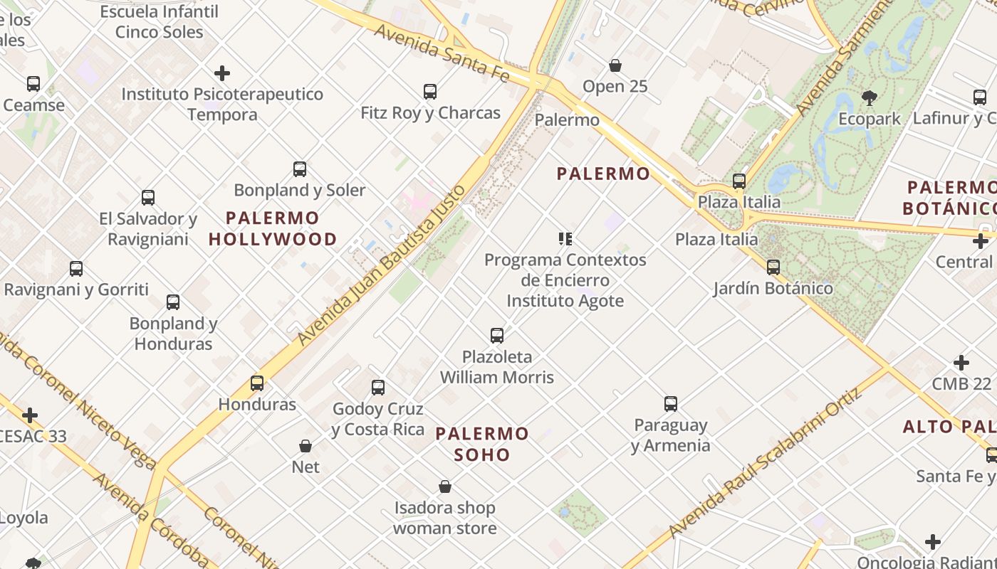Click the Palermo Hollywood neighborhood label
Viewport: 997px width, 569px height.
coord(273,228)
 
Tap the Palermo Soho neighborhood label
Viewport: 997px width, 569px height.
coord(482,444)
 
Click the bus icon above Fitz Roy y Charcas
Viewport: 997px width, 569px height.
coord(429,91)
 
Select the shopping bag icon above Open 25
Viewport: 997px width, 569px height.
coord(615,65)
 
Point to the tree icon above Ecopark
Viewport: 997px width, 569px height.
coord(869,97)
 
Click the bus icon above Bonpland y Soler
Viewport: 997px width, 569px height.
coord(300,169)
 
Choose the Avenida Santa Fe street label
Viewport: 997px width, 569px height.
coord(442,52)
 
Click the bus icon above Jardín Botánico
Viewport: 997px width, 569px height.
coord(773,267)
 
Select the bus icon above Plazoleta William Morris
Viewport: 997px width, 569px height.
coord(497,335)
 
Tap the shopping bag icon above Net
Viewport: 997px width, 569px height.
coord(306,446)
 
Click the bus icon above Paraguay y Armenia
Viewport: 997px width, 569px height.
coord(671,404)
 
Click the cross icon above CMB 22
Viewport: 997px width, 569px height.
coord(961,363)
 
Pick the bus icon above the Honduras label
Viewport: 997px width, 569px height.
coord(257,383)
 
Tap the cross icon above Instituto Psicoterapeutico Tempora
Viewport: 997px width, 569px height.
coord(222,73)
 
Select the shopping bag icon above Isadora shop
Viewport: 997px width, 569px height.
coord(445,486)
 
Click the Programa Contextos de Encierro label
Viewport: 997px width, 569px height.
coord(565,270)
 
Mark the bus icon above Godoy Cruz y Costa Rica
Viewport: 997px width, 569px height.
coord(378,388)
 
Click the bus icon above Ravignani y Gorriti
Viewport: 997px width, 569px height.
coord(76,269)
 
